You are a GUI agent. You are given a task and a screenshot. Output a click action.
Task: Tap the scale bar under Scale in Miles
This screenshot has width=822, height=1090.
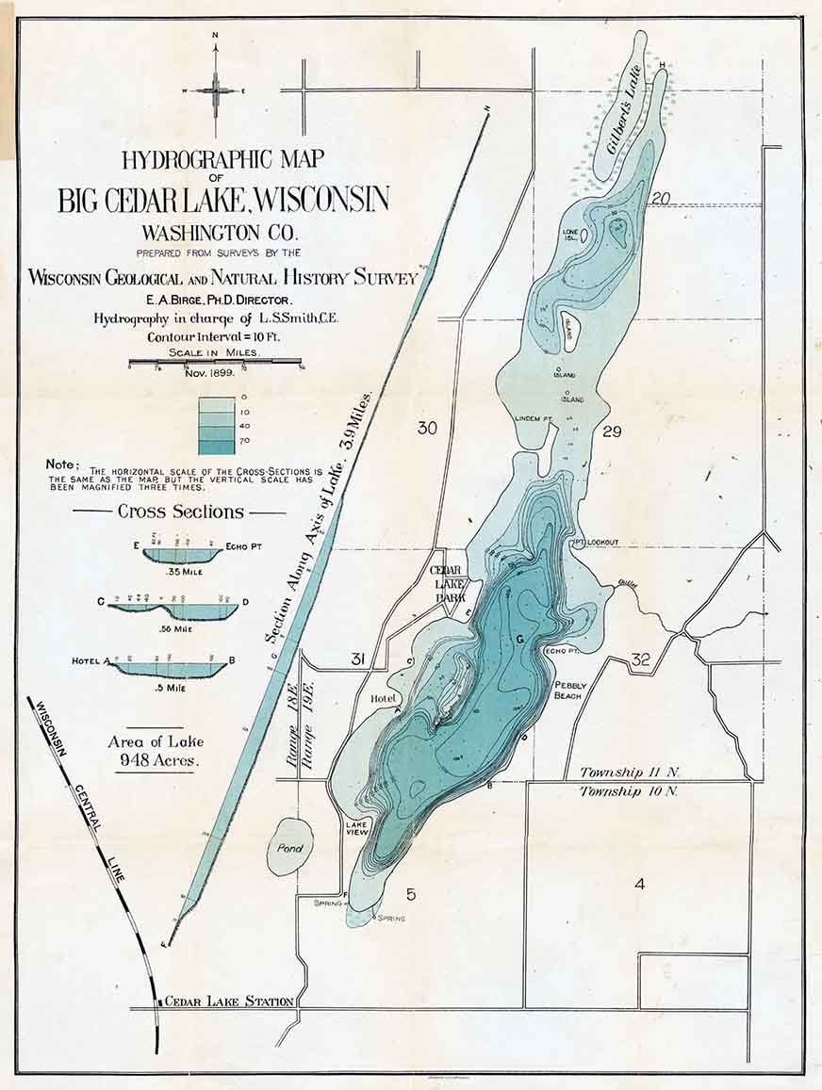[215, 362]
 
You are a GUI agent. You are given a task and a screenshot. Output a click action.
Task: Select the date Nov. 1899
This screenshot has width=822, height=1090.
[214, 374]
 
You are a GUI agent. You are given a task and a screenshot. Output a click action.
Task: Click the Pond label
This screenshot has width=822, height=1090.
[288, 847]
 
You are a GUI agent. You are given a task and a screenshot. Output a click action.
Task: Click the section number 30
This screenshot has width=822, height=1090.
[427, 429]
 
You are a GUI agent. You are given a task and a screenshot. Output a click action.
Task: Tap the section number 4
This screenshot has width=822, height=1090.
[639, 884]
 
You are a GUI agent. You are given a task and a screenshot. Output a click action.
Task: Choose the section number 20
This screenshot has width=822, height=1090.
[660, 198]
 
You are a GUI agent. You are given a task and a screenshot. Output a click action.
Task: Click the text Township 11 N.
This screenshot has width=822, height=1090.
[630, 772]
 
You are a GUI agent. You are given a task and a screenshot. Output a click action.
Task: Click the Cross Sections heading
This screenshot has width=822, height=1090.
[180, 512]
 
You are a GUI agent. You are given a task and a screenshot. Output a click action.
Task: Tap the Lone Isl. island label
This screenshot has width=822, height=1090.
[570, 233]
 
